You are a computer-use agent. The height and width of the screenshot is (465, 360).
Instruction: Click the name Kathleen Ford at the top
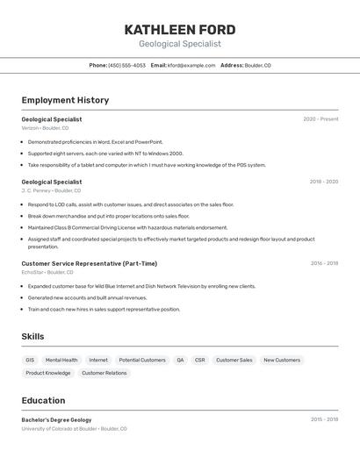pyautogui.click(x=179, y=29)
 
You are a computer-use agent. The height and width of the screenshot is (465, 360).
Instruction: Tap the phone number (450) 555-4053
pyautogui.click(x=126, y=65)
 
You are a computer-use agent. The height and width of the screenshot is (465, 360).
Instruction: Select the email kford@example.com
pyautogui.click(x=191, y=65)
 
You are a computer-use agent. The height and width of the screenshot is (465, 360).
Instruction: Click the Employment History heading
pyautogui.click(x=65, y=100)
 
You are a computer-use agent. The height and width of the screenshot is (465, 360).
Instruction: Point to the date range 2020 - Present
pyautogui.click(x=320, y=119)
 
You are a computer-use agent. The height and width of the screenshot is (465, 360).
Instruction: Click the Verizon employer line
pyautogui.click(x=45, y=128)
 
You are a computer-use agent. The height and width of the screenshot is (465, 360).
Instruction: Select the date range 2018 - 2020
pyautogui.click(x=323, y=182)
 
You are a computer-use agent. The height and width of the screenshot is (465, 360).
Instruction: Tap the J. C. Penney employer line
pyautogui.click(x=51, y=190)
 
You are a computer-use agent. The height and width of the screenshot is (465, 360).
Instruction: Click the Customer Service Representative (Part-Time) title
pyautogui.click(x=90, y=263)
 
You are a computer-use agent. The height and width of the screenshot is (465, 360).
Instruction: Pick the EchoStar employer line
pyautogui.click(x=47, y=272)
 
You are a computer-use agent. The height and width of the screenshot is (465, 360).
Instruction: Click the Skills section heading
pyautogui.click(x=32, y=336)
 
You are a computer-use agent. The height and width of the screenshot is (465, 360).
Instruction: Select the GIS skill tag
pyautogui.click(x=30, y=360)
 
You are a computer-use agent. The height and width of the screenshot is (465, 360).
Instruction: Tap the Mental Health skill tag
pyautogui.click(x=61, y=360)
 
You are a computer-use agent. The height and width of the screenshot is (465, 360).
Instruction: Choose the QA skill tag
pyautogui.click(x=180, y=360)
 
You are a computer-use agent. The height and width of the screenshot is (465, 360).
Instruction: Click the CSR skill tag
pyautogui.click(x=199, y=360)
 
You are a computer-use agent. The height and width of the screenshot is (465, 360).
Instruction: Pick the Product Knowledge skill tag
pyautogui.click(x=48, y=373)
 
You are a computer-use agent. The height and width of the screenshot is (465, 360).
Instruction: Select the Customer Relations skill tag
pyautogui.click(x=104, y=373)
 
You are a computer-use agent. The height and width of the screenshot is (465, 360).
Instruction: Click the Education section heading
pyautogui.click(x=43, y=400)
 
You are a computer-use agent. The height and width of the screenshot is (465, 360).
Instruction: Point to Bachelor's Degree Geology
pyautogui.click(x=56, y=420)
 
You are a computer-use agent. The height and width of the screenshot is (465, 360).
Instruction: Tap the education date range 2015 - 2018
pyautogui.click(x=324, y=420)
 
